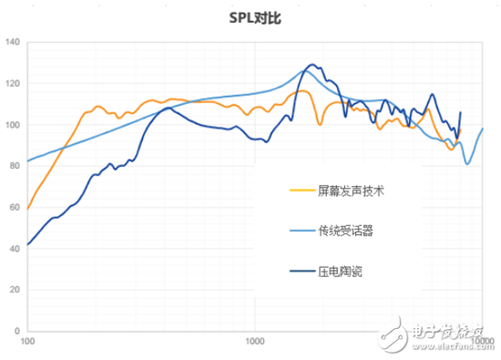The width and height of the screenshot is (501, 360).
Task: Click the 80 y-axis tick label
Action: coord(13,166)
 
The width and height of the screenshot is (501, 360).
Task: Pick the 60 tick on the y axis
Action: coord(13,207)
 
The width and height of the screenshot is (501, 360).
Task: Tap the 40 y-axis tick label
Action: coord(13,248)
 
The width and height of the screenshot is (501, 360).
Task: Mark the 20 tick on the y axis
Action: coord(13,289)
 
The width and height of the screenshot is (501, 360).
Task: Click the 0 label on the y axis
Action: coord(15,330)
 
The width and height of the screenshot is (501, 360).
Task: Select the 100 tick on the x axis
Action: coord(27,343)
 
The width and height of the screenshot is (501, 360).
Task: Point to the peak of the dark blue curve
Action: coord(312,65)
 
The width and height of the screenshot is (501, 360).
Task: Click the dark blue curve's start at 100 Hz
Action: coord(27,244)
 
